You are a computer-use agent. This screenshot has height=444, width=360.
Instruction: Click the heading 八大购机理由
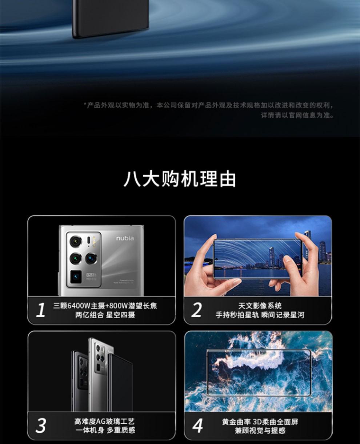180,179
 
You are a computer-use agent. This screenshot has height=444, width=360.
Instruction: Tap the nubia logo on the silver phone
125,238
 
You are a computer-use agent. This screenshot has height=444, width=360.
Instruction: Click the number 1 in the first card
41,311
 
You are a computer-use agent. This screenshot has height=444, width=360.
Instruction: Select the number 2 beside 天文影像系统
197,311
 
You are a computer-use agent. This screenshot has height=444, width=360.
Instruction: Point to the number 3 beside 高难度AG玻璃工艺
41,426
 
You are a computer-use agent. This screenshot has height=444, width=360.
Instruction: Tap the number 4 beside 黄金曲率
197,426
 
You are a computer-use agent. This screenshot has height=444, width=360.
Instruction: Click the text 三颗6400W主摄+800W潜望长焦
105,306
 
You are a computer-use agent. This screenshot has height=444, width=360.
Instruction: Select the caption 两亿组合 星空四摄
105,315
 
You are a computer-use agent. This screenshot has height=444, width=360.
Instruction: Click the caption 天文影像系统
260,306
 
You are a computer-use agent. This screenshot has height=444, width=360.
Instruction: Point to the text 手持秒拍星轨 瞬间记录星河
260,315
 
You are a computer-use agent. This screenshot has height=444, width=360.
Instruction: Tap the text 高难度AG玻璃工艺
104,421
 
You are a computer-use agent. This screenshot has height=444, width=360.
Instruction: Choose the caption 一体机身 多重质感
105,430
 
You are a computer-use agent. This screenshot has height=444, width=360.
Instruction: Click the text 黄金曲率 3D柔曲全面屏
260,422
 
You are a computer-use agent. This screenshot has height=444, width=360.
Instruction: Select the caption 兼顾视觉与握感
260,431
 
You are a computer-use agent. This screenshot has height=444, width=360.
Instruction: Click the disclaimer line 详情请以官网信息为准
297,115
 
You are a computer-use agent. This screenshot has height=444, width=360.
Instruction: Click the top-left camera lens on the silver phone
76,241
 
